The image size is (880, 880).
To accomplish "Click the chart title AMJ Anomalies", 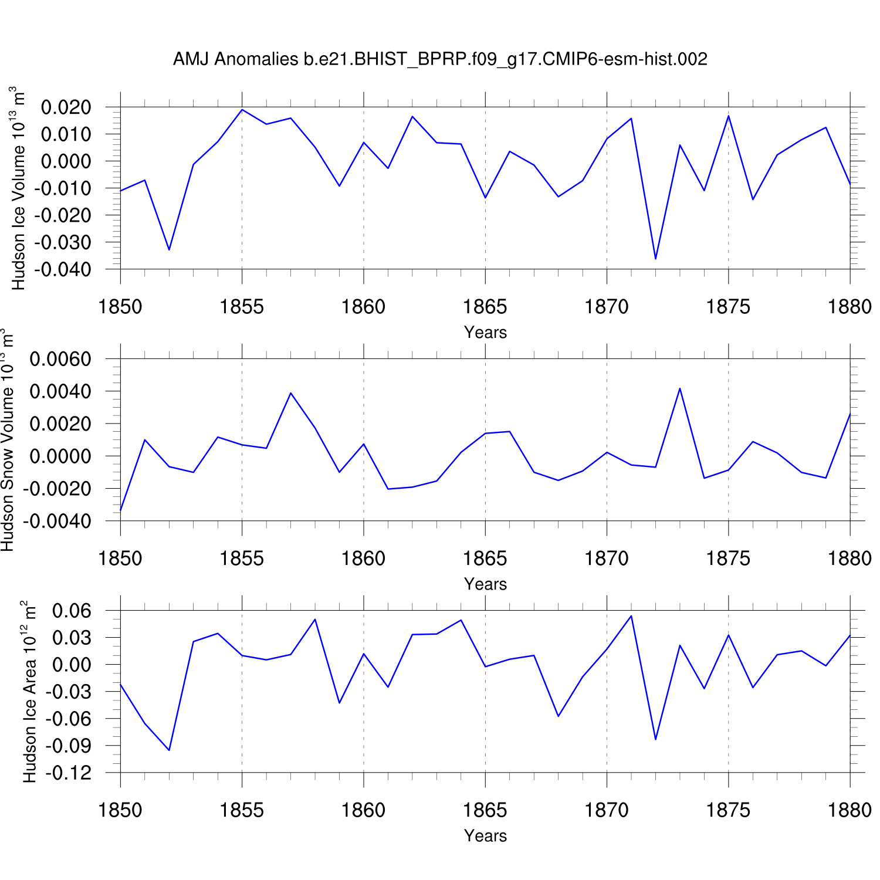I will click(440, 59).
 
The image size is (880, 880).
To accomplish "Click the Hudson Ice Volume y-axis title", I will click(18, 188).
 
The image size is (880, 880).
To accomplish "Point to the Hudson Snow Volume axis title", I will click(8, 440).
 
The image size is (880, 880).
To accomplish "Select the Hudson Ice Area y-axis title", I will click(29, 692).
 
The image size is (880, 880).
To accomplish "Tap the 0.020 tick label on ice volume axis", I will click(66, 107).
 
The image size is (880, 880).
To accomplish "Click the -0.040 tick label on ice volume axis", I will click(63, 269).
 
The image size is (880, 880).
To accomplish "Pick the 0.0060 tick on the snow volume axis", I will click(61, 359).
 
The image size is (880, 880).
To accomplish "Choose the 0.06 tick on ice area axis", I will click(72, 611).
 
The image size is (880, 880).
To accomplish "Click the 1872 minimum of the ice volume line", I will click(655, 259).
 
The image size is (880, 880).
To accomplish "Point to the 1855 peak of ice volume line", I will click(242, 110).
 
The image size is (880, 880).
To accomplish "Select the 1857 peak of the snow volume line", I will click(290, 393).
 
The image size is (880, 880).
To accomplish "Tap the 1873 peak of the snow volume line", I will click(680, 388).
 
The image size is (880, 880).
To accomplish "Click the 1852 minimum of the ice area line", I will click(169, 750).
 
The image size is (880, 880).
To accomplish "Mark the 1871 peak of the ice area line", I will click(631, 616).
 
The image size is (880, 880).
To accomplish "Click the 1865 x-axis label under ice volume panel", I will click(485, 307).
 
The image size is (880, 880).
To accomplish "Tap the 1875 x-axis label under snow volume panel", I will click(728, 559).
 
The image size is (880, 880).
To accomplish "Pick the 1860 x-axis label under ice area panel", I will click(364, 810).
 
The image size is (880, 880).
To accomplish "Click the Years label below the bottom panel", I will click(485, 835).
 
